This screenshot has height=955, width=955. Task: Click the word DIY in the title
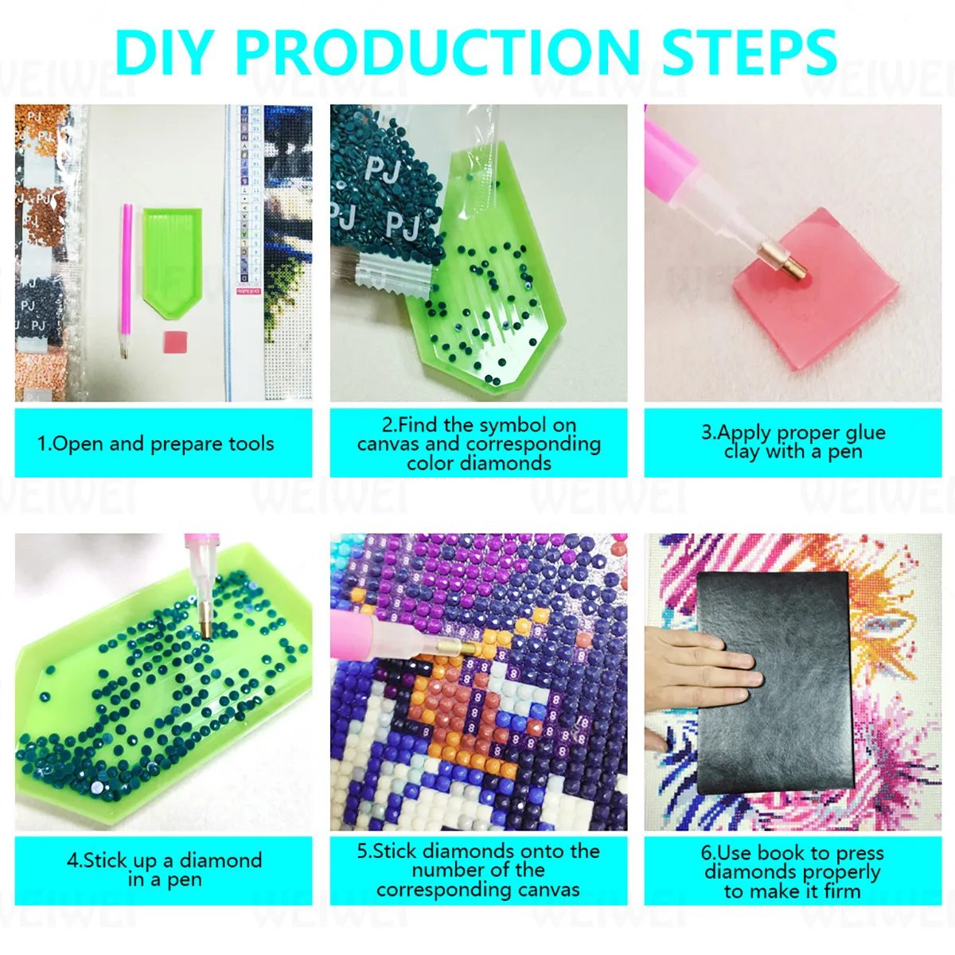pyautogui.click(x=166, y=53)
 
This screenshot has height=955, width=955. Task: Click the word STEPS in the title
pyautogui.click(x=749, y=53)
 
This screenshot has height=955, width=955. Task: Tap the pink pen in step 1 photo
pyautogui.click(x=126, y=279)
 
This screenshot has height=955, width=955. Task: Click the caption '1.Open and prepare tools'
pyautogui.click(x=156, y=444)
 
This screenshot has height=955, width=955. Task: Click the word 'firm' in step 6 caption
pyautogui.click(x=842, y=891)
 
